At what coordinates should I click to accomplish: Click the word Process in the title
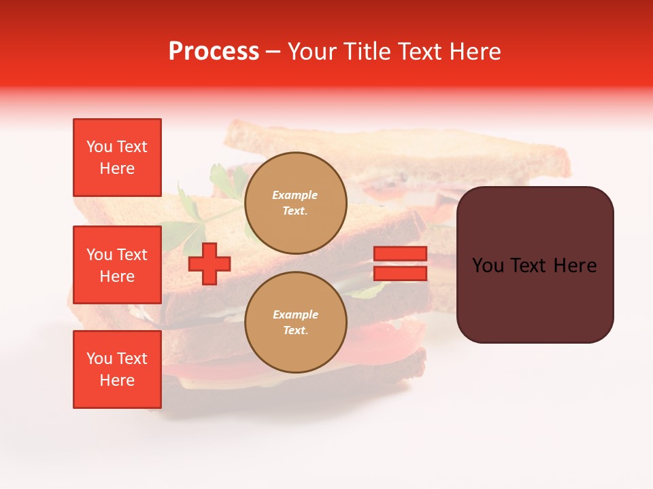click(x=214, y=52)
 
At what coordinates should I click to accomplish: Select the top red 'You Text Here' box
click(x=117, y=158)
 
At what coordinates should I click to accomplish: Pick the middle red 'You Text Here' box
click(x=117, y=265)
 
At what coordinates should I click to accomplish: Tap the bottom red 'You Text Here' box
click(x=117, y=369)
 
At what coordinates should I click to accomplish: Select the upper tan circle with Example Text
click(x=295, y=203)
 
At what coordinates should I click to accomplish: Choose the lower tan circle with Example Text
click(x=295, y=323)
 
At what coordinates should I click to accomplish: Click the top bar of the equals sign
click(x=400, y=253)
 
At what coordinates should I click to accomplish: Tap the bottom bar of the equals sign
click(x=400, y=273)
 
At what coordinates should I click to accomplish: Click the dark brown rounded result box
click(x=535, y=265)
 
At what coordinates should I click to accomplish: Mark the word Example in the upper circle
click(x=295, y=195)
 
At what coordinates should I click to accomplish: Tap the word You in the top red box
click(x=99, y=147)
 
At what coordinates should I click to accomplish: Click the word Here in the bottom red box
click(x=117, y=380)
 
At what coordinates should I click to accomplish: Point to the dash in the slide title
click(x=273, y=52)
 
